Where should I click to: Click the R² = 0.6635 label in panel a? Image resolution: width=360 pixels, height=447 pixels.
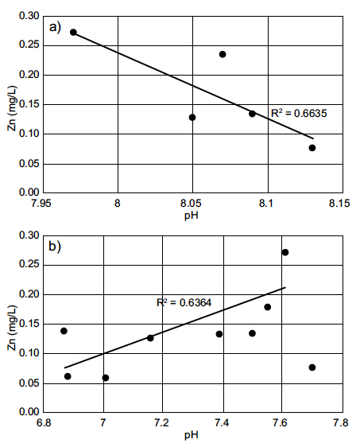tap(299, 114)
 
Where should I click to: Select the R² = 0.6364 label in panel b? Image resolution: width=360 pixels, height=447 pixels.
tap(184, 302)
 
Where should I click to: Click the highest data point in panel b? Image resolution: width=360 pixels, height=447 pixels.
tap(285, 252)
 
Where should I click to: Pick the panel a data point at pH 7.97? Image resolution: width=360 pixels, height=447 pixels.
tap(73, 33)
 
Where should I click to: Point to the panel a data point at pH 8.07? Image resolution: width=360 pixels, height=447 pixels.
tap(223, 54)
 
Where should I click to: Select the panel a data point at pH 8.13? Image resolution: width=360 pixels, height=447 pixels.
tap(312, 148)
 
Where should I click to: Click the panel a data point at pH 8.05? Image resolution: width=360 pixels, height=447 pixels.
tap(192, 117)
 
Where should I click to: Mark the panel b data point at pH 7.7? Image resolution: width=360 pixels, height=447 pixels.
tap(312, 367)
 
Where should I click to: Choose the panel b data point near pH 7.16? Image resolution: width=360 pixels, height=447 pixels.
tap(150, 338)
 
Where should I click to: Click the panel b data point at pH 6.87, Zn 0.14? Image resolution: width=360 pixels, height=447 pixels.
tap(64, 331)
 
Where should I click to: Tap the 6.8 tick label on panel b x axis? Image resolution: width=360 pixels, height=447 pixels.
tap(43, 423)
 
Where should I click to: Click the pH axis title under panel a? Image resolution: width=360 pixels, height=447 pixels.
tap(192, 215)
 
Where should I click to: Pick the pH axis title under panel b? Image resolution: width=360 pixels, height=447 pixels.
tap(192, 435)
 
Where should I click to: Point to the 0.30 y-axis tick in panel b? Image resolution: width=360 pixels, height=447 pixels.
tap(27, 235)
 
